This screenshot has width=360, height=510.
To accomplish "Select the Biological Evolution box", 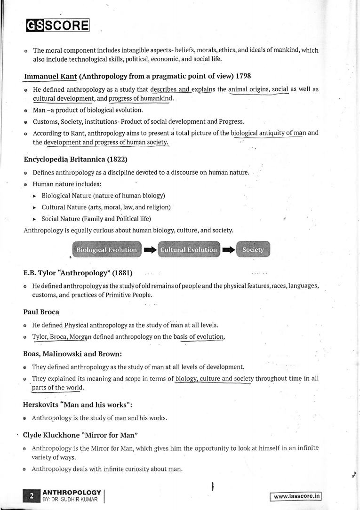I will tap(107, 250).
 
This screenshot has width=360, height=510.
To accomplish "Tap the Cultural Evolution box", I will tap(189, 250).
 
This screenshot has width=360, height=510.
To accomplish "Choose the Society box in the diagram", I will tap(253, 250).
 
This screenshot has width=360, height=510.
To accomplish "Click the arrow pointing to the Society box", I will tap(228, 250).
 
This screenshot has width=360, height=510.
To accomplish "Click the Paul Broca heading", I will tap(41, 312).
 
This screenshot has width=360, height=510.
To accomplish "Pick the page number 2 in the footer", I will tap(31, 495).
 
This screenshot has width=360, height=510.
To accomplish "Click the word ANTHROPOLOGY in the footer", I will tap(72, 492).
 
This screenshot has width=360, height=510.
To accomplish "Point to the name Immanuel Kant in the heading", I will tap(50, 75).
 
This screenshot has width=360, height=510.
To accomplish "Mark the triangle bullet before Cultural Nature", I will tap(34, 207).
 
